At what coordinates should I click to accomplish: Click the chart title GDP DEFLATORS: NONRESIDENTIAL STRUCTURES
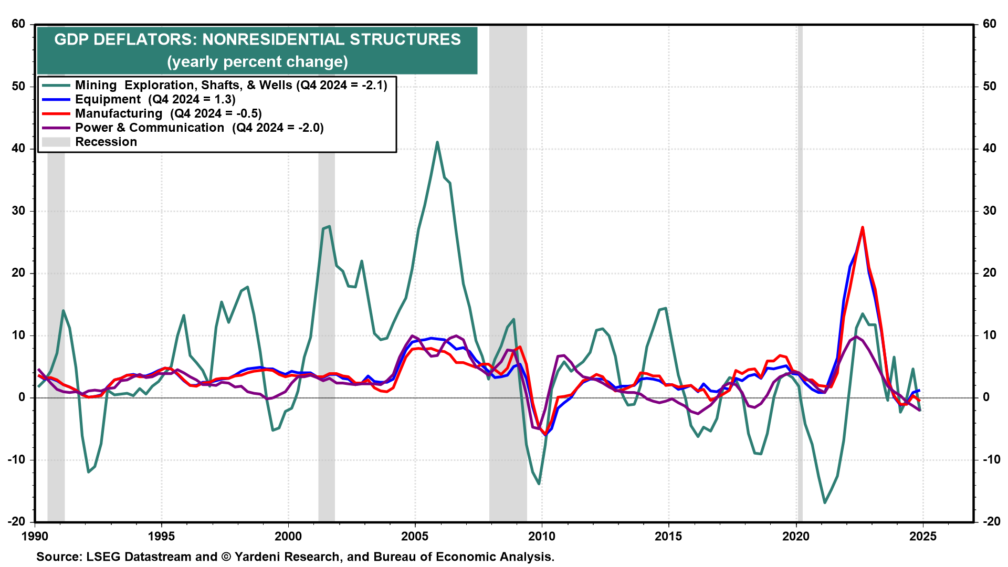coord(257,39)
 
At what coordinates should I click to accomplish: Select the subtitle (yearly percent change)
coord(257,62)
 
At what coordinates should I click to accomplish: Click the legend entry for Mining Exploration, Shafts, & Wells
coord(231,85)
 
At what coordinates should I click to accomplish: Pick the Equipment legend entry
coord(155,99)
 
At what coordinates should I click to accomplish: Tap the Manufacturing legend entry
coord(168,113)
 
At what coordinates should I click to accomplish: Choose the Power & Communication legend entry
coord(199,128)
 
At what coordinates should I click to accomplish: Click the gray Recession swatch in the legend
coord(56,142)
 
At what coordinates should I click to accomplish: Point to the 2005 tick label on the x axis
coord(415,536)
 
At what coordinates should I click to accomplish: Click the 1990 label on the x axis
coord(35,536)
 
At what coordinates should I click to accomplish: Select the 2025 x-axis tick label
coord(922,536)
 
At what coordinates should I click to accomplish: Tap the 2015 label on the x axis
coord(668,536)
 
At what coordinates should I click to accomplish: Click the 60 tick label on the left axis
coord(18,24)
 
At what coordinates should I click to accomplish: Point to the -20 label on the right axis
coord(989,521)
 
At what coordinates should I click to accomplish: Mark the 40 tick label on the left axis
coord(18,148)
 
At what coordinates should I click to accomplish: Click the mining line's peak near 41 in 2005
coord(437,142)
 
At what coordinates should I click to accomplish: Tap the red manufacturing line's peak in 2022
coord(863,227)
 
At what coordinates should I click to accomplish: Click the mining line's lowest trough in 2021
coord(825,502)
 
